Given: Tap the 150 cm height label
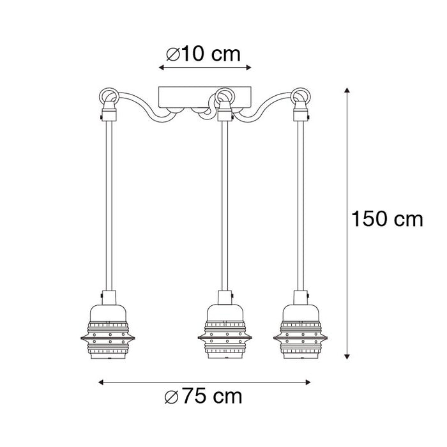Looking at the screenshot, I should point(387,220).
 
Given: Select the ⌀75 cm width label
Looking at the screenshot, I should point(204,397).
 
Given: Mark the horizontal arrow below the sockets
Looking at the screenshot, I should point(204,383).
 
